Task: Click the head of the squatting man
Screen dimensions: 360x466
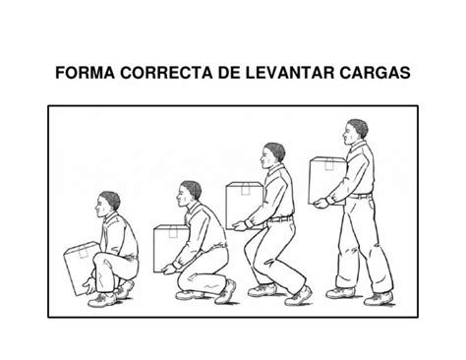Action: [x=109, y=206]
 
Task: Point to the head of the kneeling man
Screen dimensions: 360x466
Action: [x=191, y=193]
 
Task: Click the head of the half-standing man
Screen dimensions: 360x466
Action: [x=271, y=155]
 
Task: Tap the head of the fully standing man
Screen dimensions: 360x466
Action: [x=357, y=132]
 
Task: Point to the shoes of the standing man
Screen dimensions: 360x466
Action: [x=359, y=294]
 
